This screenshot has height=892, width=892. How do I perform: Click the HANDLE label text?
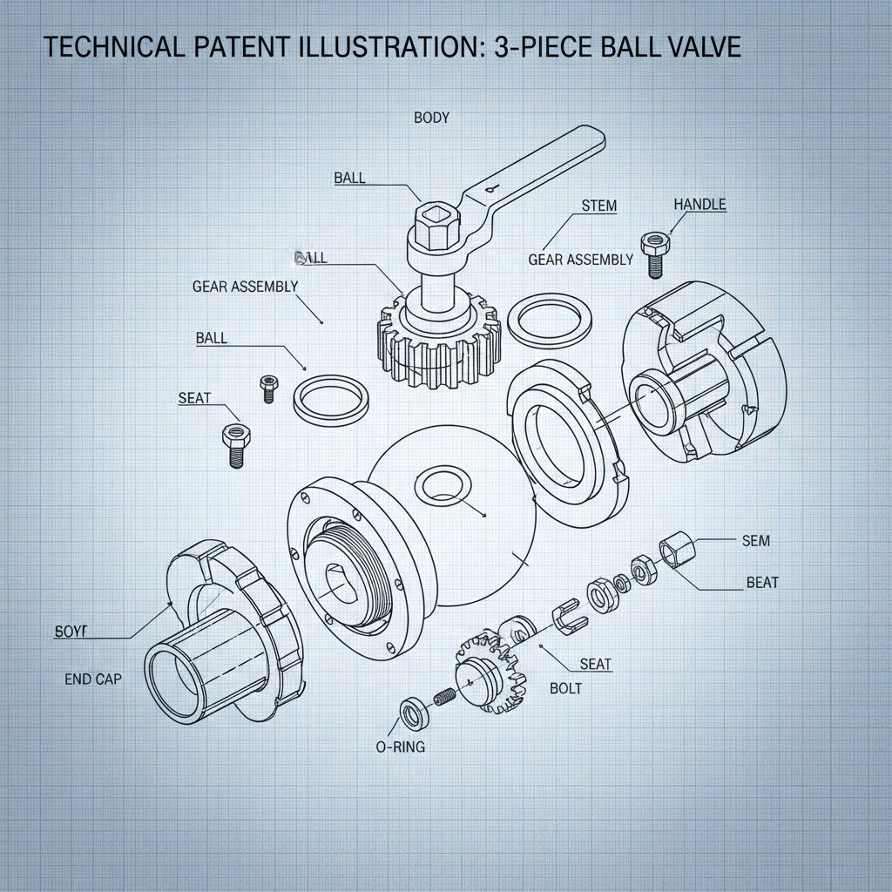click(699, 205)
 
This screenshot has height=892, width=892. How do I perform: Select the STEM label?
click(598, 206)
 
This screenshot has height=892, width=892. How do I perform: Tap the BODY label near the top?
click(431, 118)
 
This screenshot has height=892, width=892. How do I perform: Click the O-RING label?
click(401, 747)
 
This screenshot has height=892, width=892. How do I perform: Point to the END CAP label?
click(93, 679)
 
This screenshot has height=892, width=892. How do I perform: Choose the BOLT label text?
click(565, 688)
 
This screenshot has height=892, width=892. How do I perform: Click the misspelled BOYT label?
click(71, 631)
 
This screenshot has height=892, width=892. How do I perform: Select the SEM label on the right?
click(755, 541)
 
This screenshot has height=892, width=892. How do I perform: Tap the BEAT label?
click(762, 582)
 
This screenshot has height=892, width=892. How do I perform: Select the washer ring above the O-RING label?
click(411, 713)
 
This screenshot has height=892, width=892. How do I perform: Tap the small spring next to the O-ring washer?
click(444, 699)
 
